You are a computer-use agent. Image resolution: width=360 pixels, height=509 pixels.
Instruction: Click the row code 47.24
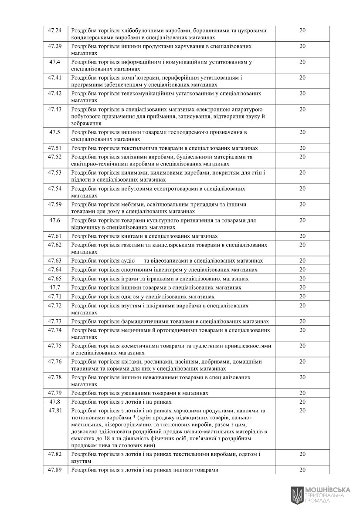click(55, 30)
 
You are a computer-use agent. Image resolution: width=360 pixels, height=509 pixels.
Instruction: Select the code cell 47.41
click(55, 78)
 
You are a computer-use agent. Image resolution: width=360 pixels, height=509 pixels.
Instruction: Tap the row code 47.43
click(55, 109)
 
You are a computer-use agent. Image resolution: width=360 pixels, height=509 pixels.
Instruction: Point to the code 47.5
click(55, 132)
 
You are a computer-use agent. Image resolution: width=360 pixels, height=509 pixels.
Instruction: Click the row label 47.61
click(55, 236)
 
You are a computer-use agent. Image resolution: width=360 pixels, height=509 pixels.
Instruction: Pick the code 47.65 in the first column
click(55, 279)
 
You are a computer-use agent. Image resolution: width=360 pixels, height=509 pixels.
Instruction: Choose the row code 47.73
click(55, 321)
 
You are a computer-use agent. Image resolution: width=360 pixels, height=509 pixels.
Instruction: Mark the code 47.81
click(55, 411)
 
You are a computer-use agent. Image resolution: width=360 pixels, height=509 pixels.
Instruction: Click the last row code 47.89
click(55, 470)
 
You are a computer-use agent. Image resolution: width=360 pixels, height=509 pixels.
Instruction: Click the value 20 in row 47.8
click(302, 402)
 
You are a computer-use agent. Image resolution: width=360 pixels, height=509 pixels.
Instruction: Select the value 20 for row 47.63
click(302, 260)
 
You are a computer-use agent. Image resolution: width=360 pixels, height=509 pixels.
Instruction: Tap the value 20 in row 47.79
click(302, 393)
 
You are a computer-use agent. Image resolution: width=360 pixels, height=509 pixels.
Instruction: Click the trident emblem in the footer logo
click(297, 494)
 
